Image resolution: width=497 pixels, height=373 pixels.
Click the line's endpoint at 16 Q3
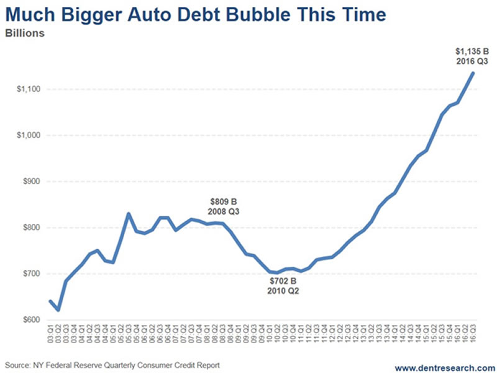(x=473, y=73)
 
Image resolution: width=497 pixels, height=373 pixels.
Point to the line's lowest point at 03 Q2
(x=58, y=310)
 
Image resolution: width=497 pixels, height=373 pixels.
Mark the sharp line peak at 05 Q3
(x=129, y=214)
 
